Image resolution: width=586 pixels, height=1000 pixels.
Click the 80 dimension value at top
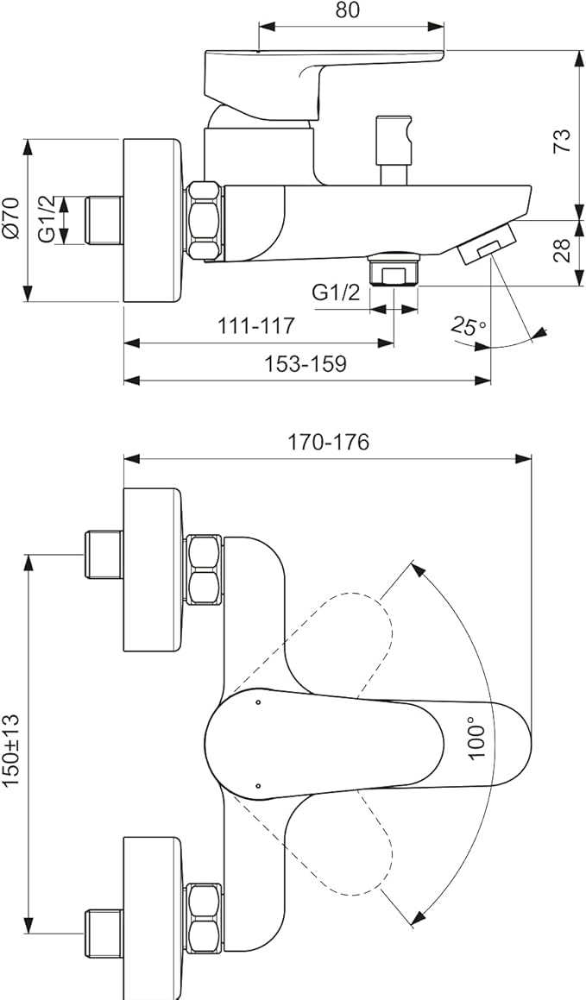click(x=348, y=10)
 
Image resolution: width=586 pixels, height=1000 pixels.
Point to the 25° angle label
click(x=468, y=326)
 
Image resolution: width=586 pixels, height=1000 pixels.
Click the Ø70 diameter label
click(x=11, y=219)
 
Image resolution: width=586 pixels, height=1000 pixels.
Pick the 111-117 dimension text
click(x=256, y=326)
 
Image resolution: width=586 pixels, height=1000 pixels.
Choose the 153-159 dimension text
click(x=306, y=363)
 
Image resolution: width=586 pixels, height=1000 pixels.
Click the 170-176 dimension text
click(x=328, y=442)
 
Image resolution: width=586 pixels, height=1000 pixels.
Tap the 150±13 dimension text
click(x=11, y=750)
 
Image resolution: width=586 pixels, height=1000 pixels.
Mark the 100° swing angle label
click(x=476, y=738)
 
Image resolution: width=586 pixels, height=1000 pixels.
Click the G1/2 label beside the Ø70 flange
click(x=47, y=219)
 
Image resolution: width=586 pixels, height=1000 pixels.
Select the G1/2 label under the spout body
click(x=336, y=292)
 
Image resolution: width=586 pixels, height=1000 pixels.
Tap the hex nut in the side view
click(x=205, y=220)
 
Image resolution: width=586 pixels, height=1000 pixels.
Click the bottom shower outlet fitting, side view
click(x=393, y=269)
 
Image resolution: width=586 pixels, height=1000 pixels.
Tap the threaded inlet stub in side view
click(x=104, y=220)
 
